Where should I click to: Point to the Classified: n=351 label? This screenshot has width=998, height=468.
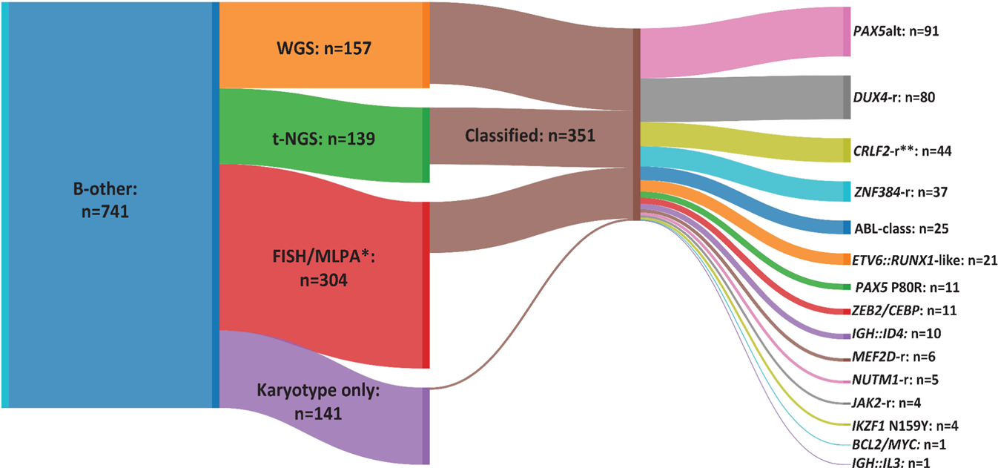[529, 136]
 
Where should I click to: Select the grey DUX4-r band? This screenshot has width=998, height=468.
[741, 99]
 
